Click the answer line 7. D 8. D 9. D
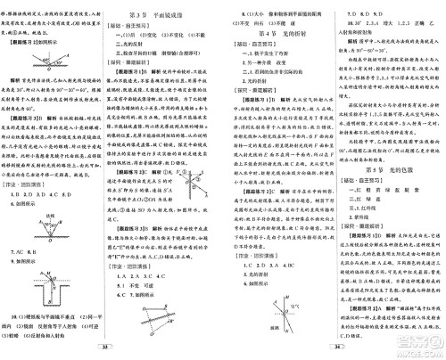click(x=361, y=16)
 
